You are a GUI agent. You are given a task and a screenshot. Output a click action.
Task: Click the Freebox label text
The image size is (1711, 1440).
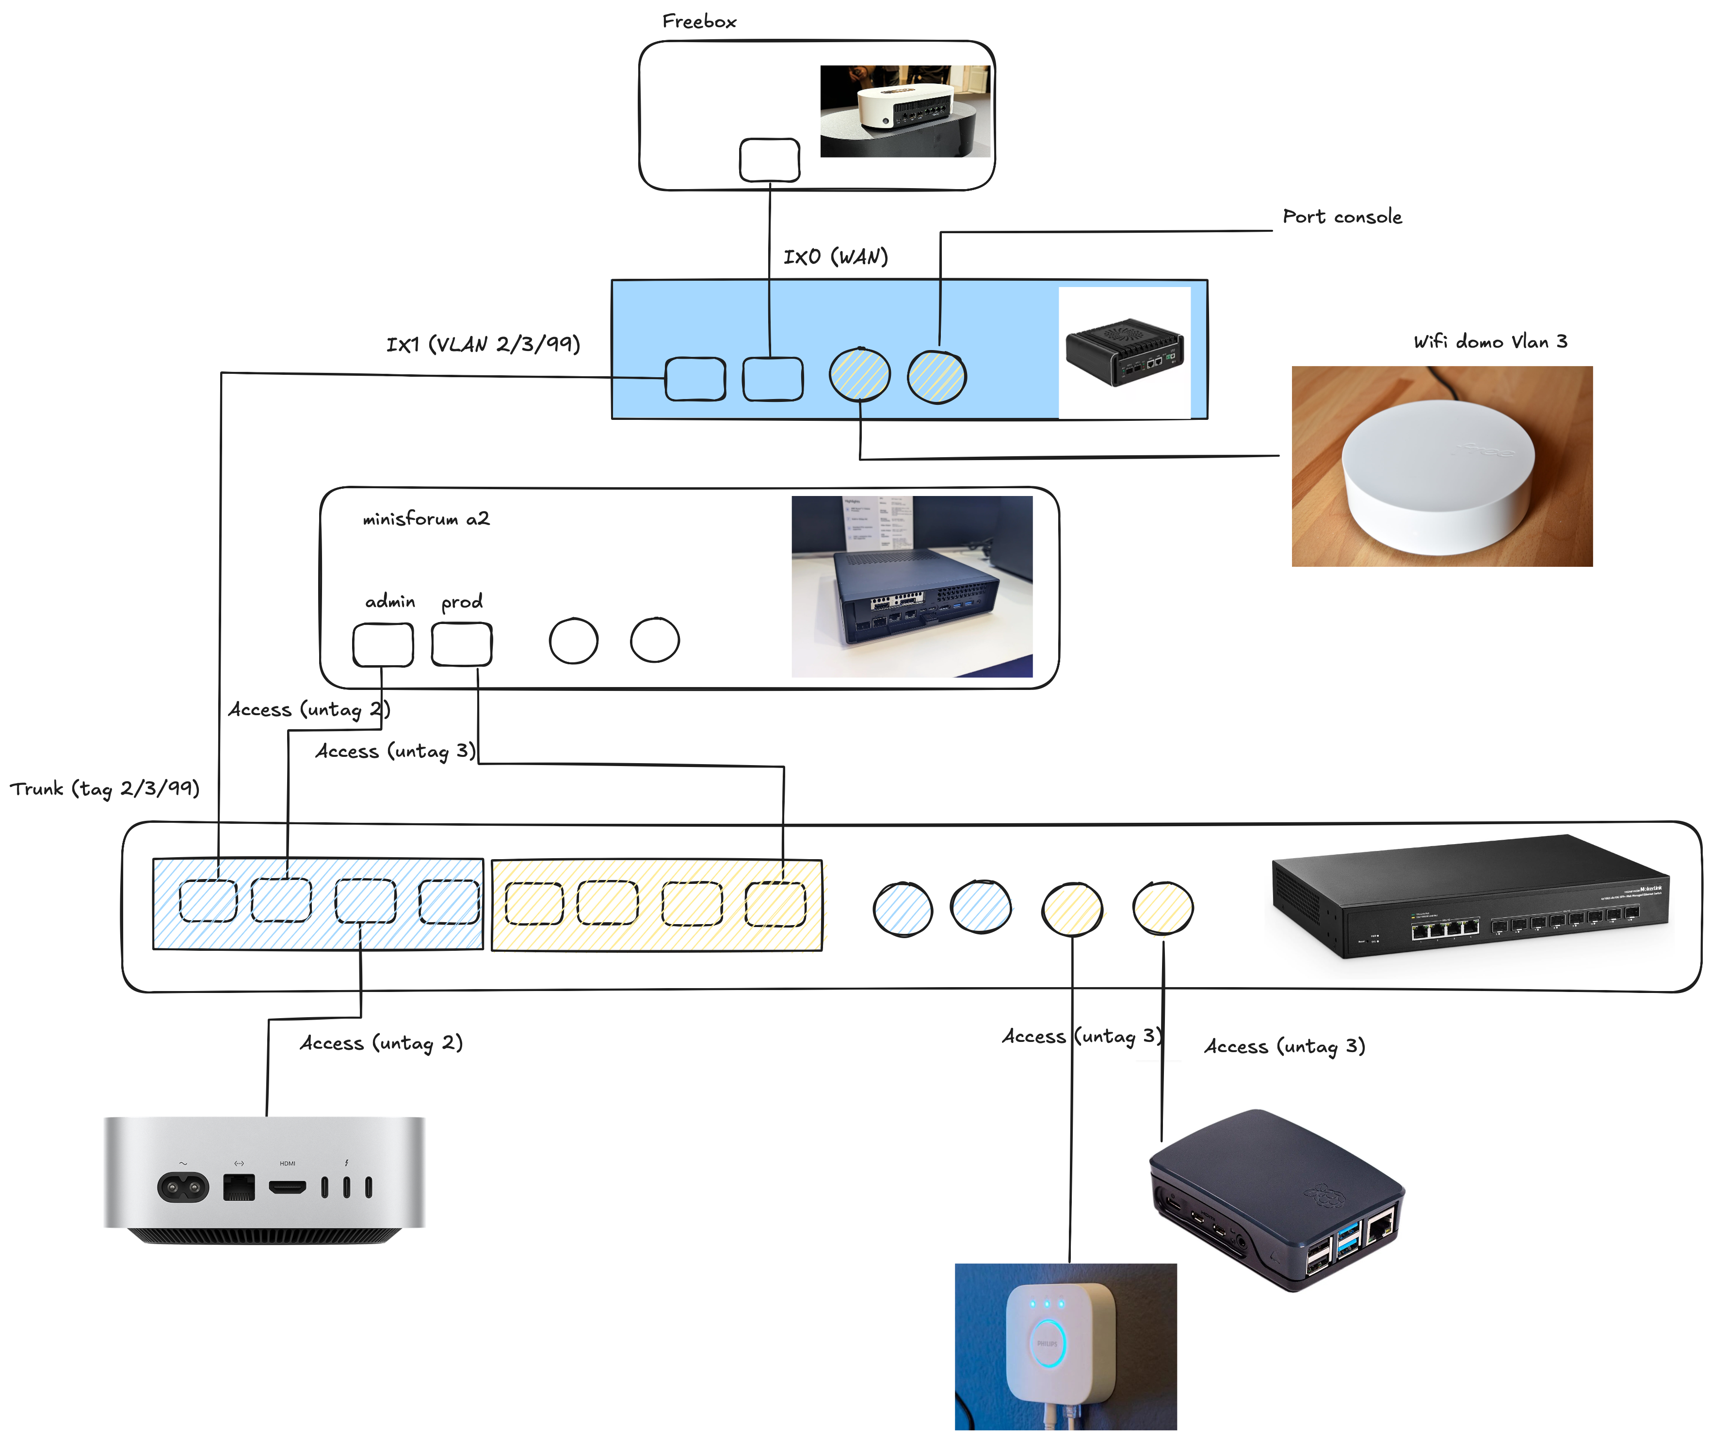[x=699, y=21]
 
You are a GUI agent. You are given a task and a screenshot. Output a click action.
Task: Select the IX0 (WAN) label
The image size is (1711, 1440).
[x=835, y=257]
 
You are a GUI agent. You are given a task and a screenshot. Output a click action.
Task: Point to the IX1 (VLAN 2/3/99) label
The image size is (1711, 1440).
[x=483, y=344]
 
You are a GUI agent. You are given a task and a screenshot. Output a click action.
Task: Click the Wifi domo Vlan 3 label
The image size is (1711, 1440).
[x=1490, y=341]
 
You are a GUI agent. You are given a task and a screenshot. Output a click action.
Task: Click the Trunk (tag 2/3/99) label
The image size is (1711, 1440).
[x=104, y=788]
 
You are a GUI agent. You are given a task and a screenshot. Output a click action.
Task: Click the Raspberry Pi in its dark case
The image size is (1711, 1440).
[x=1276, y=1200]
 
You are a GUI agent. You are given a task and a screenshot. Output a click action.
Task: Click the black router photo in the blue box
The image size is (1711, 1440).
[x=1124, y=352]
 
